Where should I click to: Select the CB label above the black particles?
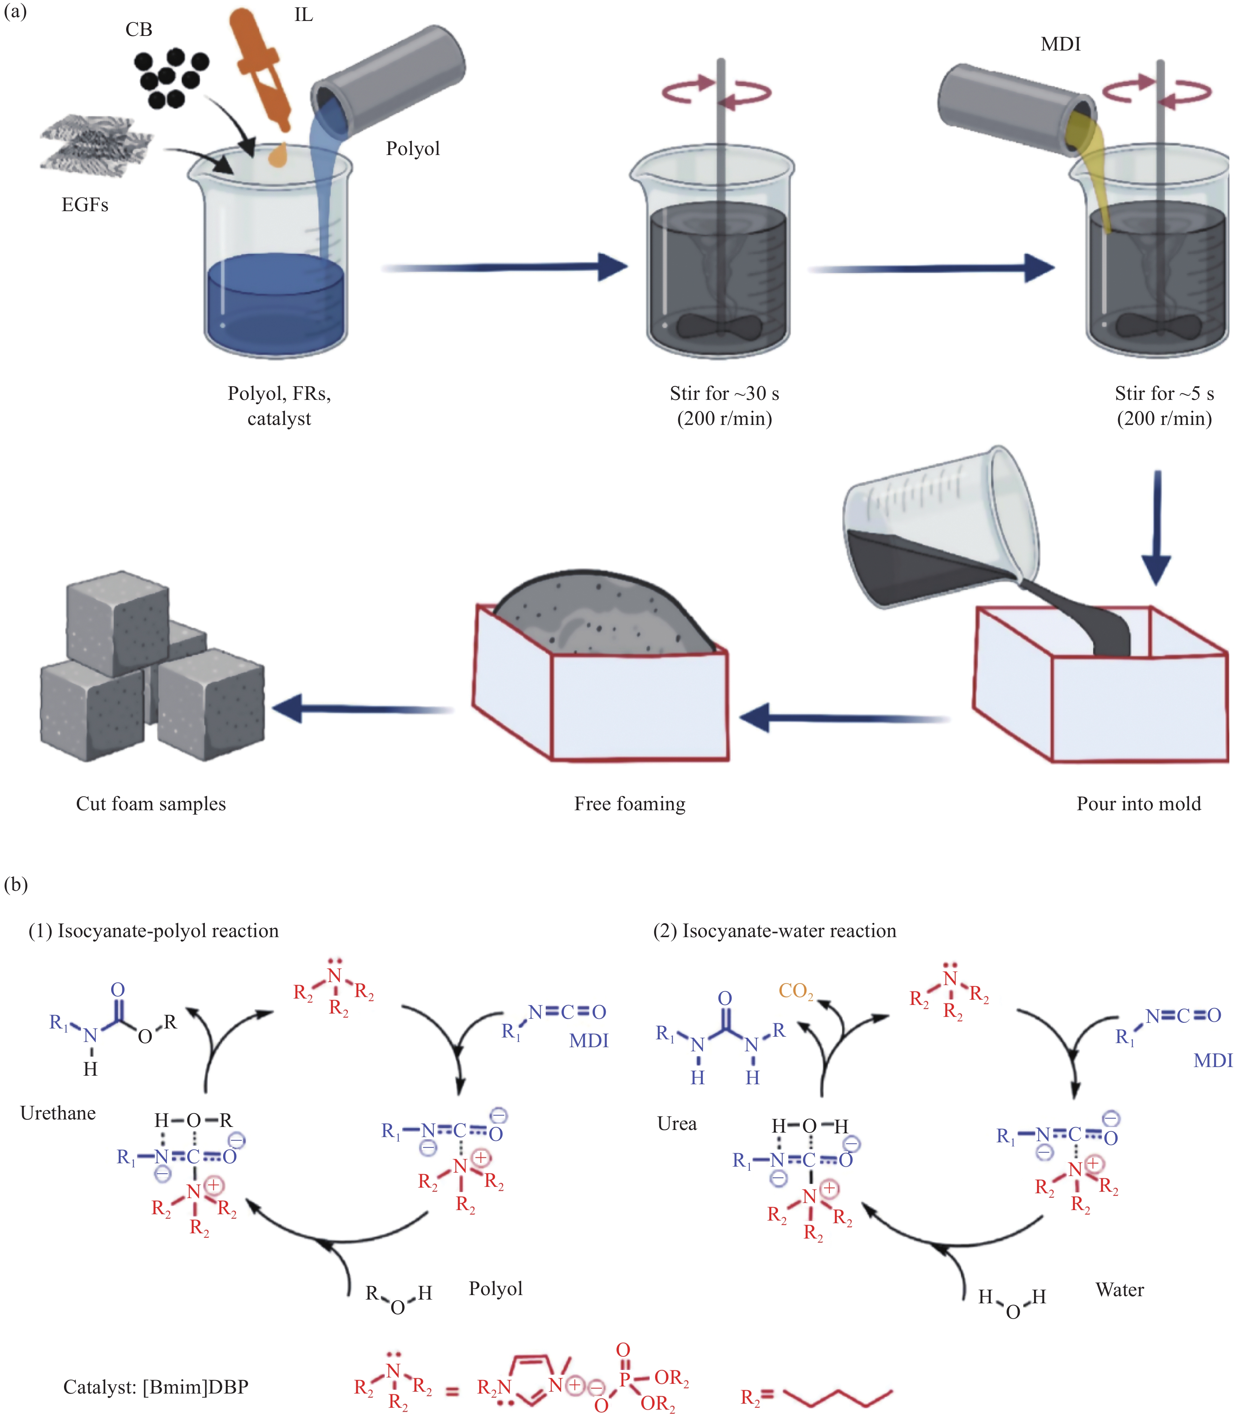[139, 30]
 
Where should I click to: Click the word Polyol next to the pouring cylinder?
[413, 149]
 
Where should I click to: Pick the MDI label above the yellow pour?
[1061, 44]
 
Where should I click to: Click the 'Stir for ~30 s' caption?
[724, 394]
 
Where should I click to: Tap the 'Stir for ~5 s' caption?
[1164, 394]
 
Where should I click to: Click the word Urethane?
[58, 1113]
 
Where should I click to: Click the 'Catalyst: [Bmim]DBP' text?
[155, 1387]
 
